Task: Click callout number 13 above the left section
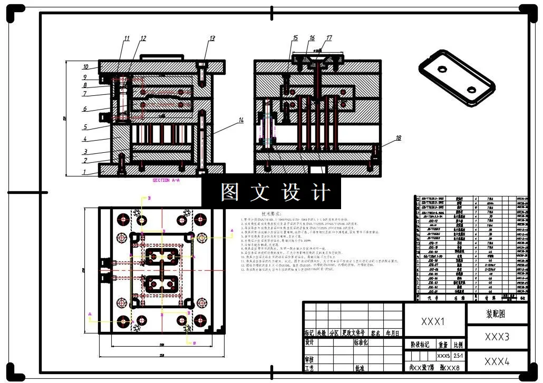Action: point(212,38)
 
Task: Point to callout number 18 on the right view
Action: point(398,138)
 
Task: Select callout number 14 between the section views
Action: point(240,121)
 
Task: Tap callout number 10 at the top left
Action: point(85,67)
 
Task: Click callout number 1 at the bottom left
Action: point(84,172)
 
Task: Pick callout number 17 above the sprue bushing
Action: point(329,38)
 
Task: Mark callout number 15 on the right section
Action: point(295,38)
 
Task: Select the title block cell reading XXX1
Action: point(433,321)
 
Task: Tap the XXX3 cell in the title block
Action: point(497,337)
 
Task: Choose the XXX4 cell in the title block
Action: point(497,361)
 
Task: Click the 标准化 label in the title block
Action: point(363,342)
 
